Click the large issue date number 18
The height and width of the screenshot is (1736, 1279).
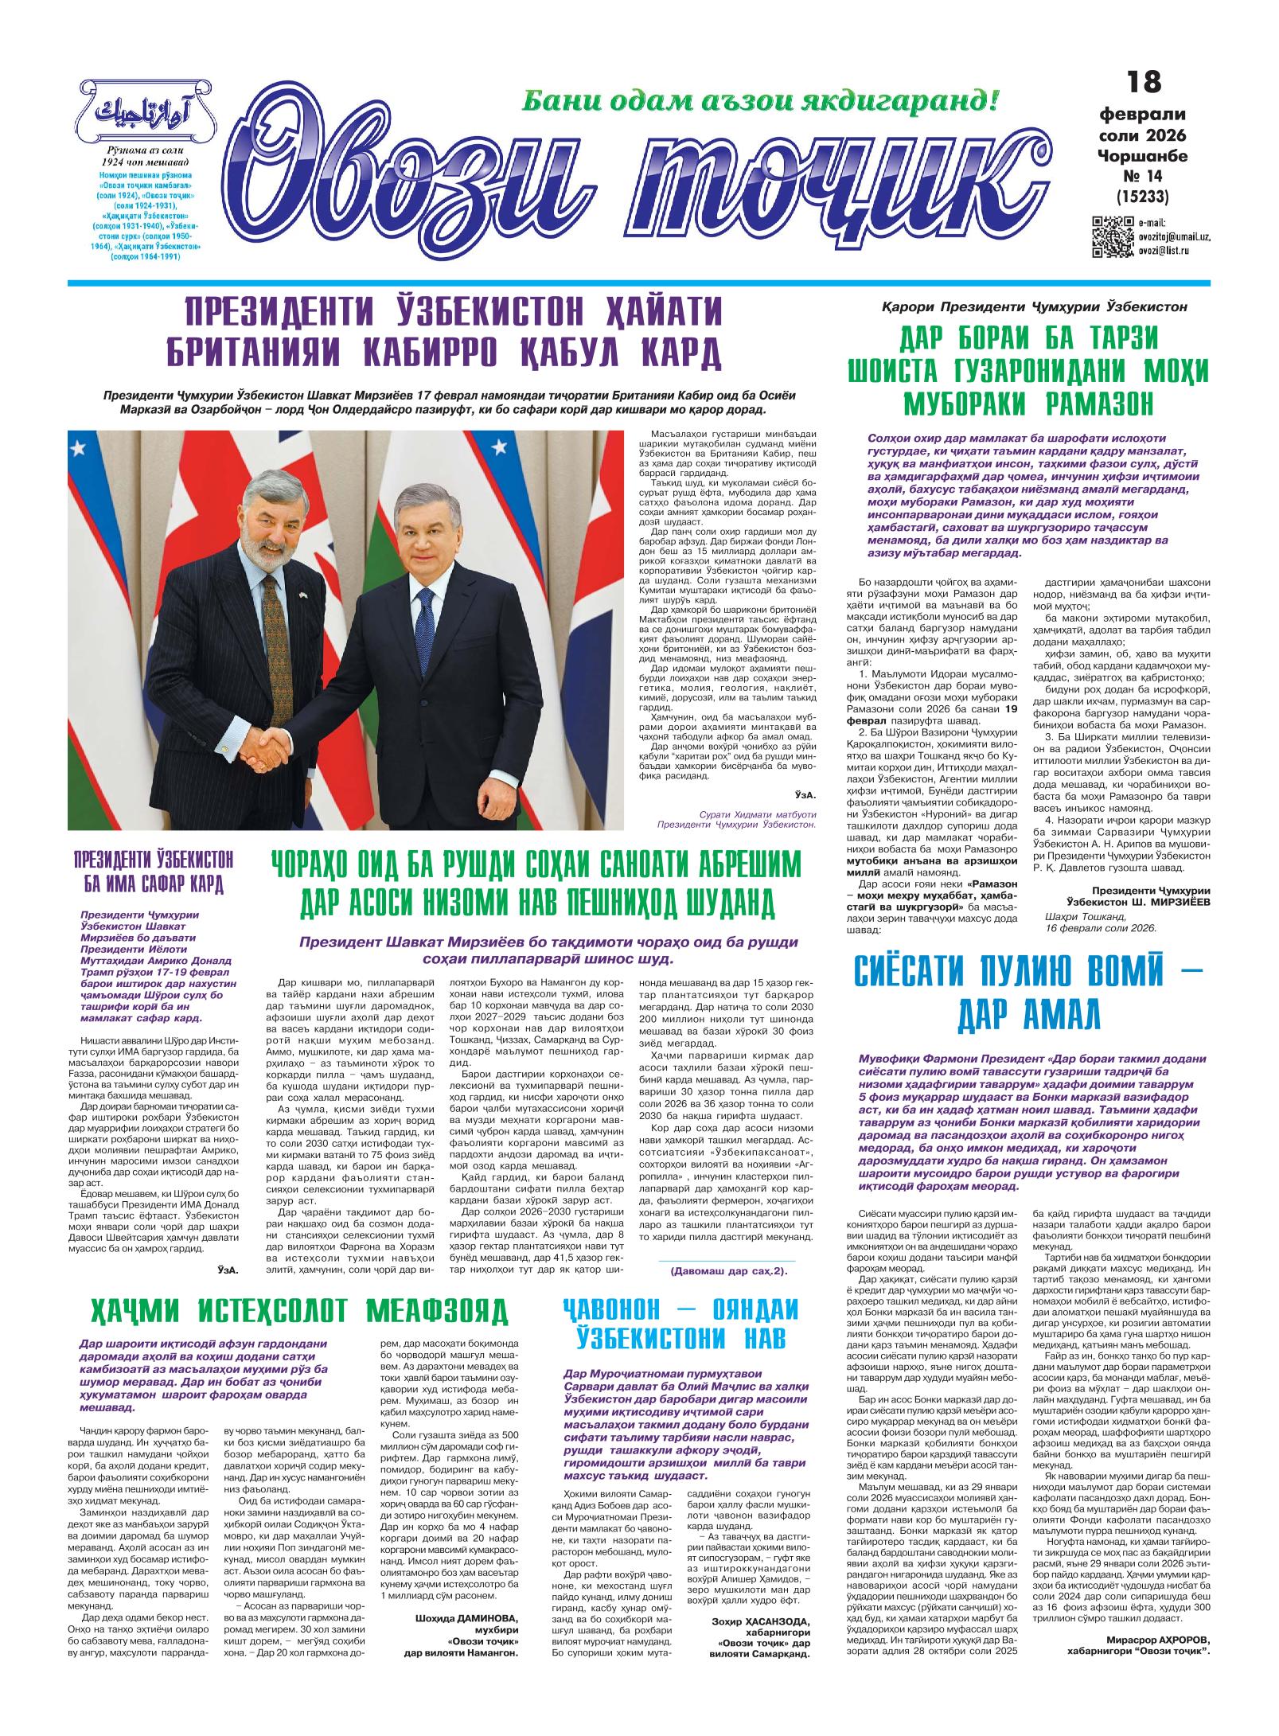(x=1144, y=82)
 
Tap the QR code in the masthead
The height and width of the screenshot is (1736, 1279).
(x=1113, y=236)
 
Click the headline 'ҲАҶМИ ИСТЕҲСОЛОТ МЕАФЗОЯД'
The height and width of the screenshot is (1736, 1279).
(x=298, y=1309)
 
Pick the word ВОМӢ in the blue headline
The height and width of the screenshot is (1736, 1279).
(x=1141, y=973)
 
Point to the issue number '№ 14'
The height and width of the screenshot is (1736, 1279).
(x=1142, y=174)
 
